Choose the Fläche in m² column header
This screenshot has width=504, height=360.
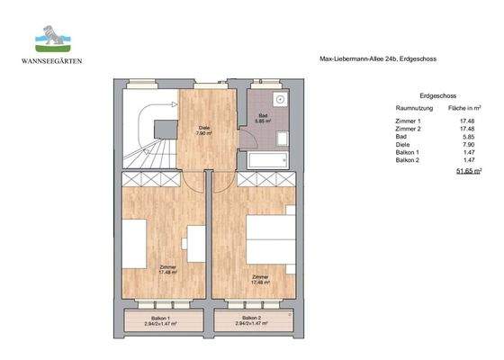[467, 106]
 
